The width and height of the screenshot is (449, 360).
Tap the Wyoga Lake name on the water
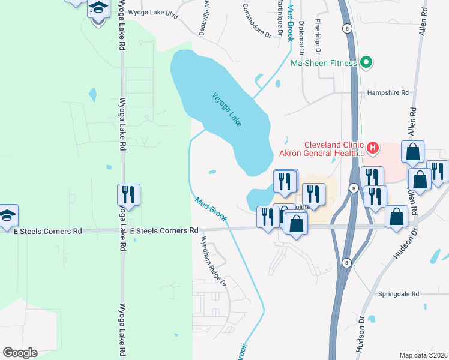(x=227, y=109)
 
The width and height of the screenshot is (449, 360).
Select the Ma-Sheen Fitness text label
(x=324, y=63)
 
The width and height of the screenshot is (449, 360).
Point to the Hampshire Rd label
(x=388, y=93)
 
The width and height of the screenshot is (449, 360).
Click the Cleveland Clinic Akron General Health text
(x=334, y=149)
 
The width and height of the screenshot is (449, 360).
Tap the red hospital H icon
(x=373, y=146)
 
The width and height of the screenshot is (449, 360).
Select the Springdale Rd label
(x=398, y=294)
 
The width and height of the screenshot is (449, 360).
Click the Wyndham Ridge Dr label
(x=214, y=260)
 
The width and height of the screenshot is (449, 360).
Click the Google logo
(x=20, y=353)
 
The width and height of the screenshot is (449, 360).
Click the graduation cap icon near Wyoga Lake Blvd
(x=98, y=9)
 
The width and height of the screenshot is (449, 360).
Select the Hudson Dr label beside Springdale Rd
(x=362, y=334)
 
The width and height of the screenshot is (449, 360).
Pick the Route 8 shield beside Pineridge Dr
(x=347, y=28)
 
